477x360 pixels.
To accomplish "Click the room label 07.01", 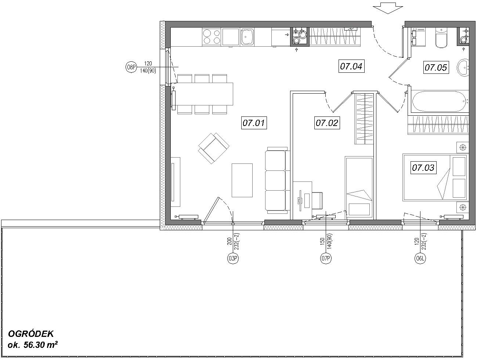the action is (x=254, y=123).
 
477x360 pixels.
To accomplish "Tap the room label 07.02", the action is (x=327, y=123).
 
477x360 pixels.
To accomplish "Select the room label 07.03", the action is (x=423, y=168).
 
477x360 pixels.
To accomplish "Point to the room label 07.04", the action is (x=351, y=66).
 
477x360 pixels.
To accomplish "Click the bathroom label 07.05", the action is (x=436, y=67).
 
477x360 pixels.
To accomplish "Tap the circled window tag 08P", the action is (x=131, y=67).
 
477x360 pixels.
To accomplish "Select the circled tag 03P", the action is (x=233, y=259).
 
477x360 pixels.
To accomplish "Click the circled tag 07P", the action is (x=326, y=259).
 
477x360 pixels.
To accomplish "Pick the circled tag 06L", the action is (x=420, y=259).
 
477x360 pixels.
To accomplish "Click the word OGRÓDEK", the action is (x=31, y=334).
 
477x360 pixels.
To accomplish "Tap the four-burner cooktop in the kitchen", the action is (x=212, y=37).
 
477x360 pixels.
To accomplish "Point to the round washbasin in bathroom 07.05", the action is (x=463, y=68).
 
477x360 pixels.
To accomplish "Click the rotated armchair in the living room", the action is (x=214, y=148).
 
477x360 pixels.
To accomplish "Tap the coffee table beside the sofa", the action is (x=242, y=180).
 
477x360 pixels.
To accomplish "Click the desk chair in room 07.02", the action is (x=317, y=201).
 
